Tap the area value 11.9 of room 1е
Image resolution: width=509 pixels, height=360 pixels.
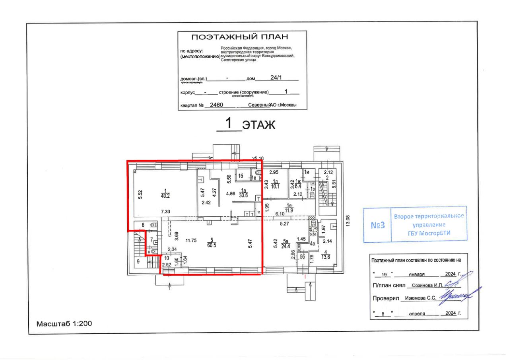click(289, 210)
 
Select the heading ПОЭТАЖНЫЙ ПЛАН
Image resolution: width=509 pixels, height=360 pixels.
click(239, 38)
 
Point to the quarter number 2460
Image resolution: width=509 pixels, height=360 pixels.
click(216, 105)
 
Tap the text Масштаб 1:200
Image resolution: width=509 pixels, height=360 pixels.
click(64, 324)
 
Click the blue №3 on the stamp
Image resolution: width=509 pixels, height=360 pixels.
click(377, 225)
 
